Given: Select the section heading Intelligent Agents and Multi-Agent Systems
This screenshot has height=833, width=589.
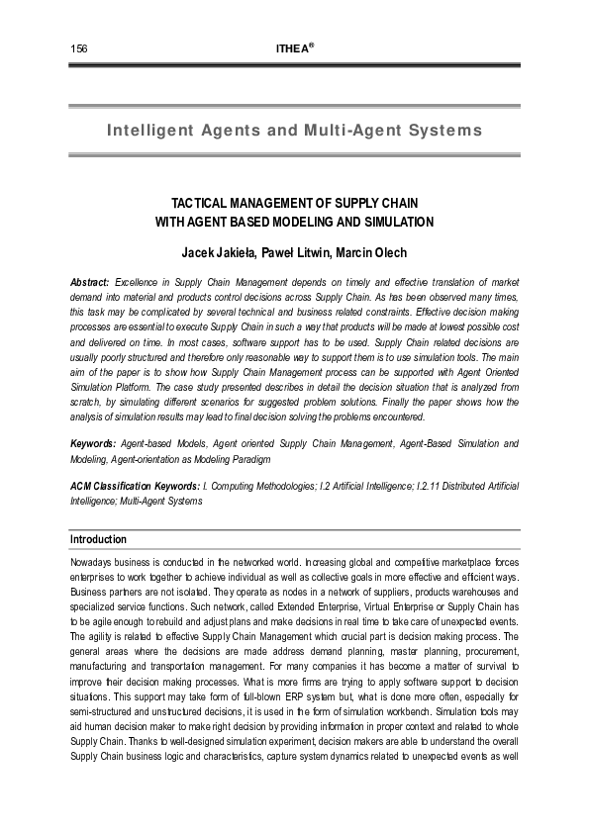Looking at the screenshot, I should pos(294,131).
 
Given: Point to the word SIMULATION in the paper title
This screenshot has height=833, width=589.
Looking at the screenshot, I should pos(399,221).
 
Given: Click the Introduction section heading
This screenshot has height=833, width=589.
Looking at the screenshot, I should pos(98,539).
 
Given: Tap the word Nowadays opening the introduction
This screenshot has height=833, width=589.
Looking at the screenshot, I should pos(91,560).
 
